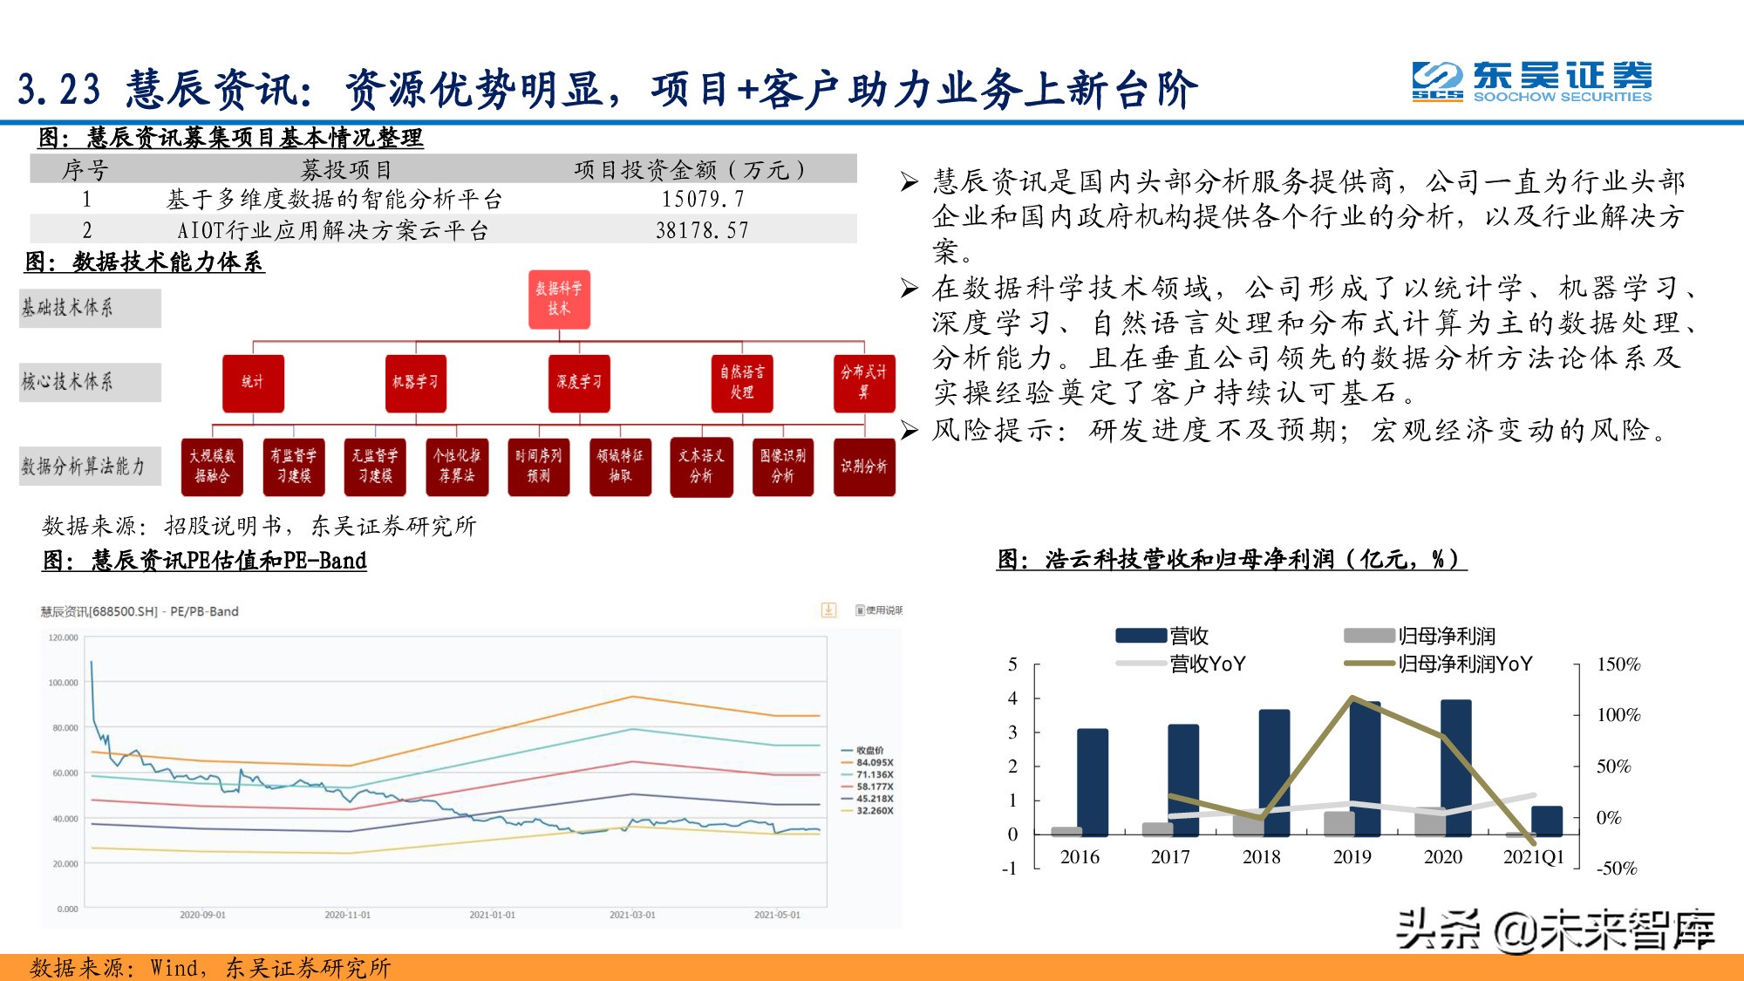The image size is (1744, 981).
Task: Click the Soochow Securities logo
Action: point(1531,81)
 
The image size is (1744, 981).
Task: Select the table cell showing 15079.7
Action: point(702,200)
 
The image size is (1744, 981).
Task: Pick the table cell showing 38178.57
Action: point(702,231)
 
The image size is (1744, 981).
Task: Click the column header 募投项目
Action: point(346,169)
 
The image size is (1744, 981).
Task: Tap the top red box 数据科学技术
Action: point(559,299)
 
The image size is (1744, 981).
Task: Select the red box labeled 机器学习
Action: point(415,383)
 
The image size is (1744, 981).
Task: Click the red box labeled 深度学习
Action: point(579,383)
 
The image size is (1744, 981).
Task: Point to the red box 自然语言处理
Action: point(742,383)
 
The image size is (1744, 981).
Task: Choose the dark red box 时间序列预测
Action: point(538,467)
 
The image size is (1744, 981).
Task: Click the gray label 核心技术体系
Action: point(90,382)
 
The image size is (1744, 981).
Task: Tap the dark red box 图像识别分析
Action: point(782,467)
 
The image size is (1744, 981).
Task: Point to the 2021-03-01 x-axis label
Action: point(632,915)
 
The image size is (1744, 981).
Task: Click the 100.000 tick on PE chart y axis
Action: point(63,683)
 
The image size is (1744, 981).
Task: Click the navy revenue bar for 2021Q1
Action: point(1546,821)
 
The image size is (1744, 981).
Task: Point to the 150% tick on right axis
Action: point(1618,664)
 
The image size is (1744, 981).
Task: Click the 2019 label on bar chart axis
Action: point(1352,857)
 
